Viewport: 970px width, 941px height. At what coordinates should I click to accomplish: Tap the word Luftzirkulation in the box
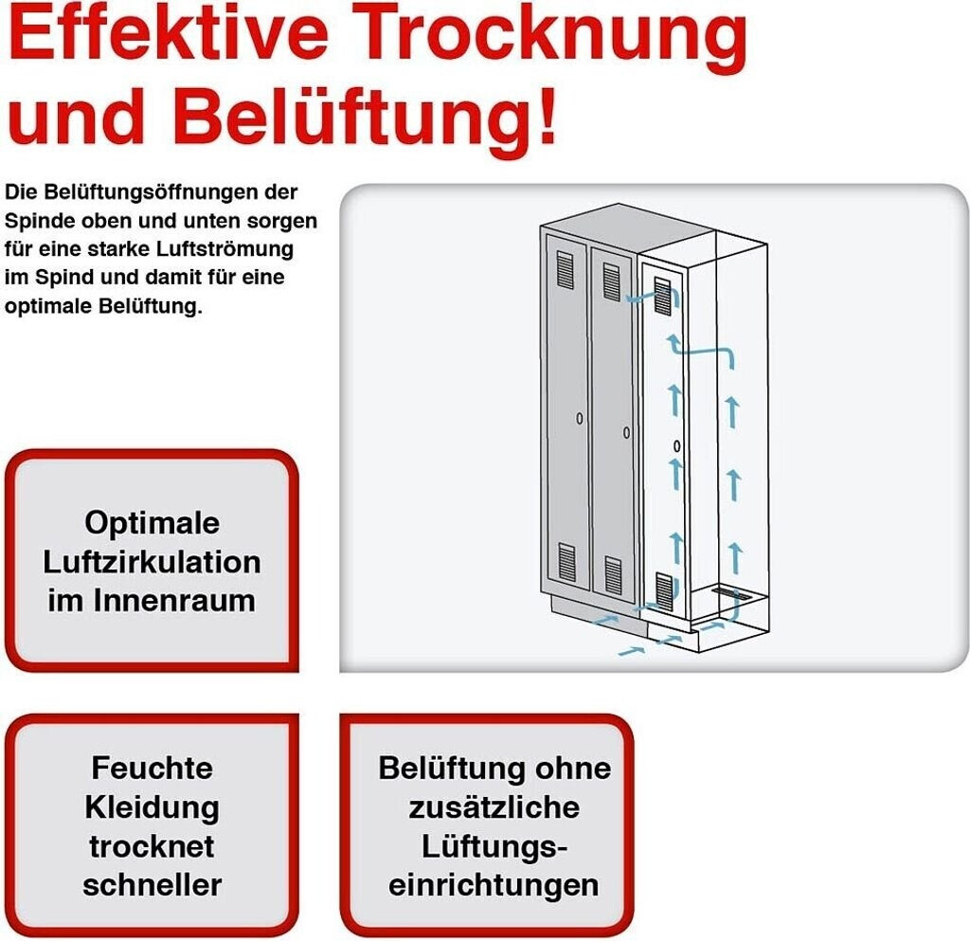coord(152,561)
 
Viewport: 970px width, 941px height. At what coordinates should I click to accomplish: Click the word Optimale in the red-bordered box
coord(152,522)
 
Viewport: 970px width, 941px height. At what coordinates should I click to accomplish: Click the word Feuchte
coord(152,767)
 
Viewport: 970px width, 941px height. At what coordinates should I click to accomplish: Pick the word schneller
coord(152,884)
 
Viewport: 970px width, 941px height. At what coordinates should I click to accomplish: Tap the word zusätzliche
coord(494,806)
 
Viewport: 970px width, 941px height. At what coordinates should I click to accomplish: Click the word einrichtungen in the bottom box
coord(494,884)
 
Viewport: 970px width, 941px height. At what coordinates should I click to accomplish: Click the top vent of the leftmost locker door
coord(566,270)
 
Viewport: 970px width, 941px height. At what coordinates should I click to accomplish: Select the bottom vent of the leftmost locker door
coord(566,562)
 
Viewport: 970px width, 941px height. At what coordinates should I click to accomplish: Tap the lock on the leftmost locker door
coord(579,418)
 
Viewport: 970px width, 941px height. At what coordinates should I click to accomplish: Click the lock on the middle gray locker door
coord(627,432)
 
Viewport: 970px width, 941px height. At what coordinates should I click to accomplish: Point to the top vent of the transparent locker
coord(663,298)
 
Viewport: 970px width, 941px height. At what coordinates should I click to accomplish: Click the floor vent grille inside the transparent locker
coord(732,594)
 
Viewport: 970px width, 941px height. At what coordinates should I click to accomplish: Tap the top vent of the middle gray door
coord(612,282)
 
